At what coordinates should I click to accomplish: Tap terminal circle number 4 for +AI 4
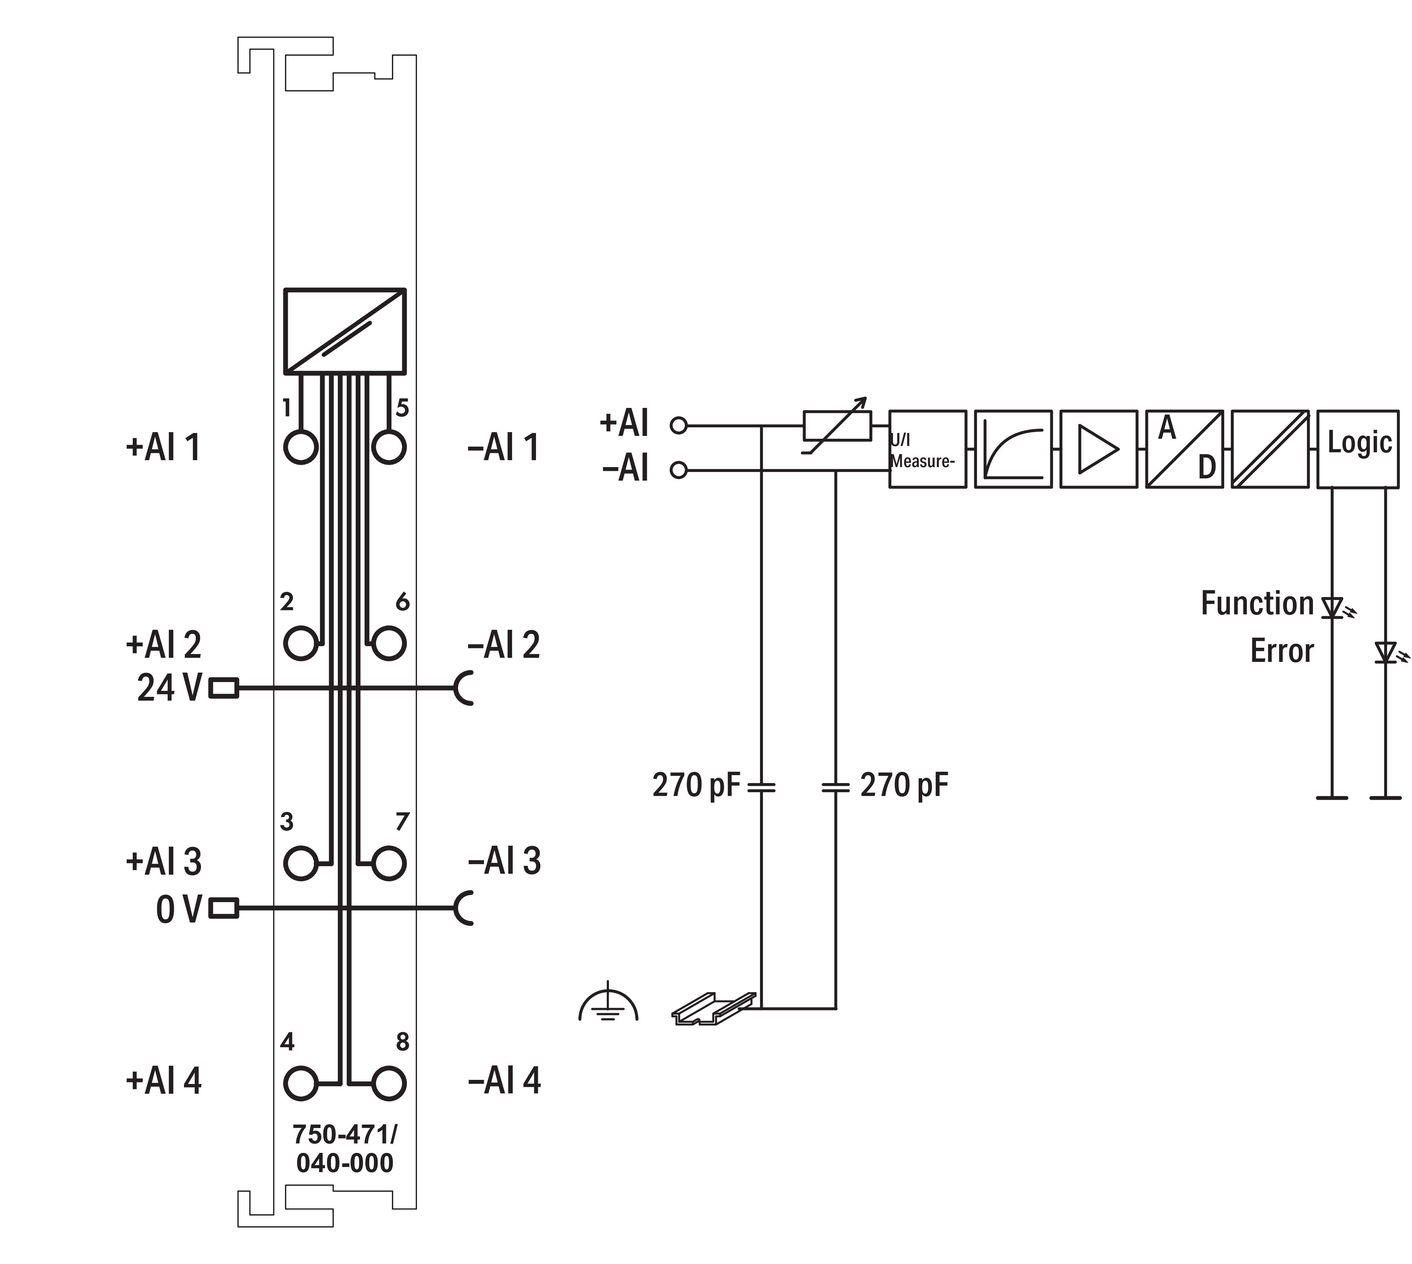301,1083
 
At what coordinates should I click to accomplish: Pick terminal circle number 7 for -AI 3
389,863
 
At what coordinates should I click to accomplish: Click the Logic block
1358,449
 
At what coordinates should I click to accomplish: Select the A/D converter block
1184,449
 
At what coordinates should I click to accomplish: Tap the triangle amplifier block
1098,449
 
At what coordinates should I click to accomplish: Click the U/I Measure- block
928,449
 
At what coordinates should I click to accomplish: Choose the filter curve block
1013,449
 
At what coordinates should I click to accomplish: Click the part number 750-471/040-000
344,1149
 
